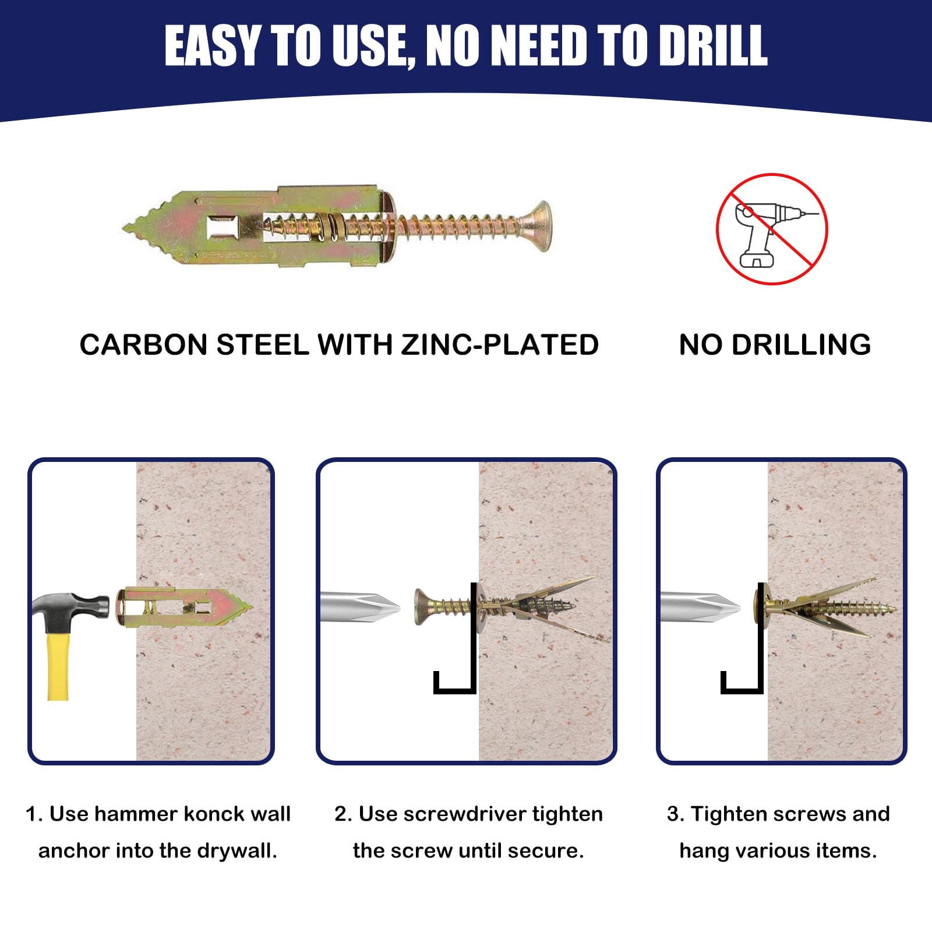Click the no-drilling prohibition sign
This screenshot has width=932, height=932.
point(772,229)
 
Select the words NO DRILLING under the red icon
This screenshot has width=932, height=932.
point(775,344)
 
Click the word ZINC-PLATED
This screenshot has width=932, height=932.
point(500,344)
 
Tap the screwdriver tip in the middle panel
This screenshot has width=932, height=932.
point(379,608)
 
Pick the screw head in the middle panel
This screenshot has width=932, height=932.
point(423,607)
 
